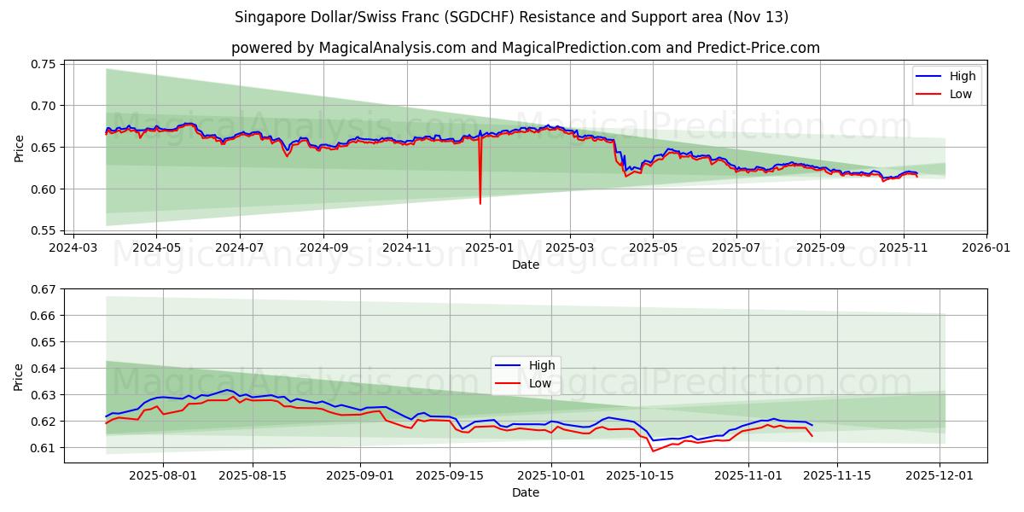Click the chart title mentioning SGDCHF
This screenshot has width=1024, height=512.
click(x=512, y=17)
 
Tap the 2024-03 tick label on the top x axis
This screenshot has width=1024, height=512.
click(x=73, y=247)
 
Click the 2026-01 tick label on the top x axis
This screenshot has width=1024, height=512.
click(x=986, y=247)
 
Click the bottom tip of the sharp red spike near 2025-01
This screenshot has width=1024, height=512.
click(x=480, y=203)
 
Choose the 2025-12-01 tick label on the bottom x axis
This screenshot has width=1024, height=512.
click(x=940, y=476)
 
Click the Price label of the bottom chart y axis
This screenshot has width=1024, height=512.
click(x=19, y=375)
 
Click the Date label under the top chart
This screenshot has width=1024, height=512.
click(x=525, y=265)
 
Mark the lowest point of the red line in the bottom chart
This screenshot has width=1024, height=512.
click(x=653, y=451)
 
